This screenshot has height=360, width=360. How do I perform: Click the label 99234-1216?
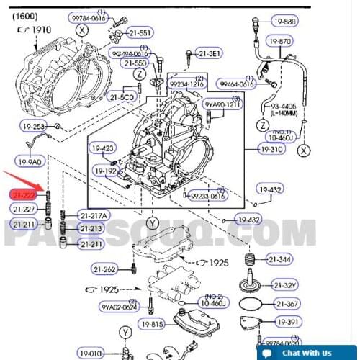pyautogui.click(x=186, y=84)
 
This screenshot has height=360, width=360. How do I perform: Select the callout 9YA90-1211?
pyautogui.click(x=221, y=105)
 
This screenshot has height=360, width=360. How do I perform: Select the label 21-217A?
pyautogui.click(x=95, y=216)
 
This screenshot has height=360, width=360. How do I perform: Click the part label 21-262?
pyautogui.click(x=104, y=269)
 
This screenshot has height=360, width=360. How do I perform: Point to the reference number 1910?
pyautogui.click(x=37, y=30)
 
